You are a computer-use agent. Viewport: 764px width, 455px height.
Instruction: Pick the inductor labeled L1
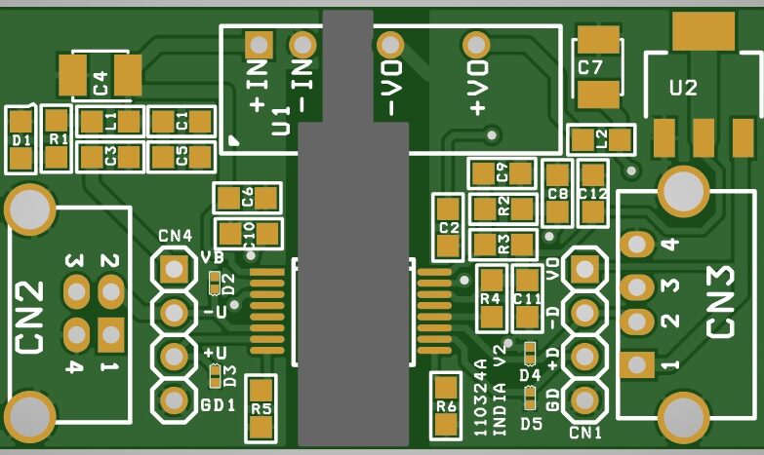point(109,122)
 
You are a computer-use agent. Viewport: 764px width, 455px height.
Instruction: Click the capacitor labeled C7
point(598,67)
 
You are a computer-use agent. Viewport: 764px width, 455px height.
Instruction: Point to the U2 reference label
point(683,89)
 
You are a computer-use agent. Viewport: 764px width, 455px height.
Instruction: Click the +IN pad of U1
point(259,44)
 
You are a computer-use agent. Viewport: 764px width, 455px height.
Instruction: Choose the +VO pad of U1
point(477,44)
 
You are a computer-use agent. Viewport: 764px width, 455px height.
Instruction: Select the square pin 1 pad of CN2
point(109,335)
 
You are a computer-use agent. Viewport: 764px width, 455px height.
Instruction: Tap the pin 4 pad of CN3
point(637,244)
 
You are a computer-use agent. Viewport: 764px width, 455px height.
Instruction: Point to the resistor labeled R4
point(490,297)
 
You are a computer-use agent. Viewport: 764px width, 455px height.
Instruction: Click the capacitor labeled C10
point(248,234)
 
